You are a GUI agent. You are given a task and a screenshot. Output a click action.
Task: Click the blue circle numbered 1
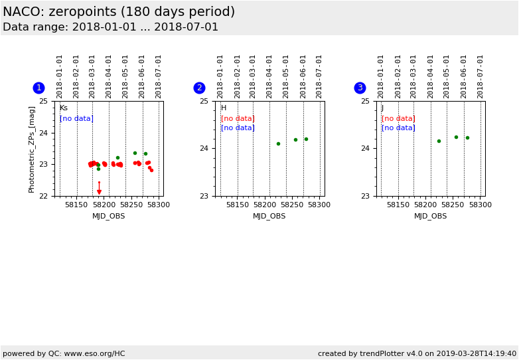38,88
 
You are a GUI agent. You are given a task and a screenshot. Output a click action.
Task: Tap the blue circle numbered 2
199,88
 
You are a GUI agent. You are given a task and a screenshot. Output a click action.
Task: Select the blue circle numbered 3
360,88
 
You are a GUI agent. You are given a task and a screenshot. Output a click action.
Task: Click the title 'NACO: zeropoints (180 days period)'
119,12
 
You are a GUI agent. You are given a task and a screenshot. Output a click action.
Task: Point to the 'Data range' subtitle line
110,27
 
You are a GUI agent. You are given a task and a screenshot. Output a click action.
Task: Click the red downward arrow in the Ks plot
99,192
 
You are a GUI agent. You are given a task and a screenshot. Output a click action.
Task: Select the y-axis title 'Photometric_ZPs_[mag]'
32,149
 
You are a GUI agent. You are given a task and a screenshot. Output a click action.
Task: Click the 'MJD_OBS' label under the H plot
269,216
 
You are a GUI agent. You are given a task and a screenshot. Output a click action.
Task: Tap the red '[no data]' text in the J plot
398,118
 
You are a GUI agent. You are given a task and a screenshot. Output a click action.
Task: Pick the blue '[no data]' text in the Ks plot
76,118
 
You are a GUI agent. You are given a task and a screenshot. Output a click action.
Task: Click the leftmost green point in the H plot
278,143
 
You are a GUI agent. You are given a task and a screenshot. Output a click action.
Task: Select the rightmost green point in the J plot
467,137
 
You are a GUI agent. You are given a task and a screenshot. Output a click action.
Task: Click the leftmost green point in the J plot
439,141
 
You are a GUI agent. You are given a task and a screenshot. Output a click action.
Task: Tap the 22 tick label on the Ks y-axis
43,196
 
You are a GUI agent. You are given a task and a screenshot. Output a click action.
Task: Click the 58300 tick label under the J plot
481,205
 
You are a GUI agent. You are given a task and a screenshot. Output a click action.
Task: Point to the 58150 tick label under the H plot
237,205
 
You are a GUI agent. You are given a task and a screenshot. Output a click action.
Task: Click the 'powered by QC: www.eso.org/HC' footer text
64,353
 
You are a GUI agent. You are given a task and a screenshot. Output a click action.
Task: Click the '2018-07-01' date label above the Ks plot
159,76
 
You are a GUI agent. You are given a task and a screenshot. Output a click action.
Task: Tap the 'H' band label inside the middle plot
224,108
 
